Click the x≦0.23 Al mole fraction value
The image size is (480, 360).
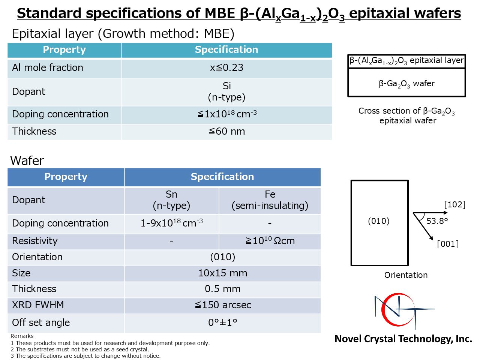(226, 67)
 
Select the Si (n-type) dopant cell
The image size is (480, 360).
(226, 91)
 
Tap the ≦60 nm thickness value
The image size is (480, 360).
(227, 131)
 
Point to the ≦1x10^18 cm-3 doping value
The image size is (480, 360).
(227, 114)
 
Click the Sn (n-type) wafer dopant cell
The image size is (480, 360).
(171, 200)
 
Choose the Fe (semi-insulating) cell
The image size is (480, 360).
(270, 200)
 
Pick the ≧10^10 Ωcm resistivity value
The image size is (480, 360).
(270, 241)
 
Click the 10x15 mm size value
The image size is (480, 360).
(223, 273)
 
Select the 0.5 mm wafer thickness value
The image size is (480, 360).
(223, 289)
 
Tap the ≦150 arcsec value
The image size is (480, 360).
(223, 305)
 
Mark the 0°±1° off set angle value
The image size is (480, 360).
(223, 322)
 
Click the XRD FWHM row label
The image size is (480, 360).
(38, 305)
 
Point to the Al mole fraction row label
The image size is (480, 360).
(48, 67)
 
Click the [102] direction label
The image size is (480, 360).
(455, 205)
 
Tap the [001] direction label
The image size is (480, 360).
(448, 244)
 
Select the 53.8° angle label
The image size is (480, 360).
(437, 221)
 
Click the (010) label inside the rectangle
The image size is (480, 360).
(379, 221)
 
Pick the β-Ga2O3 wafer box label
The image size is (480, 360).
(407, 84)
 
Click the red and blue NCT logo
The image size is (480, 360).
(404, 311)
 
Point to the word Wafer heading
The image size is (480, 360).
(27, 160)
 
